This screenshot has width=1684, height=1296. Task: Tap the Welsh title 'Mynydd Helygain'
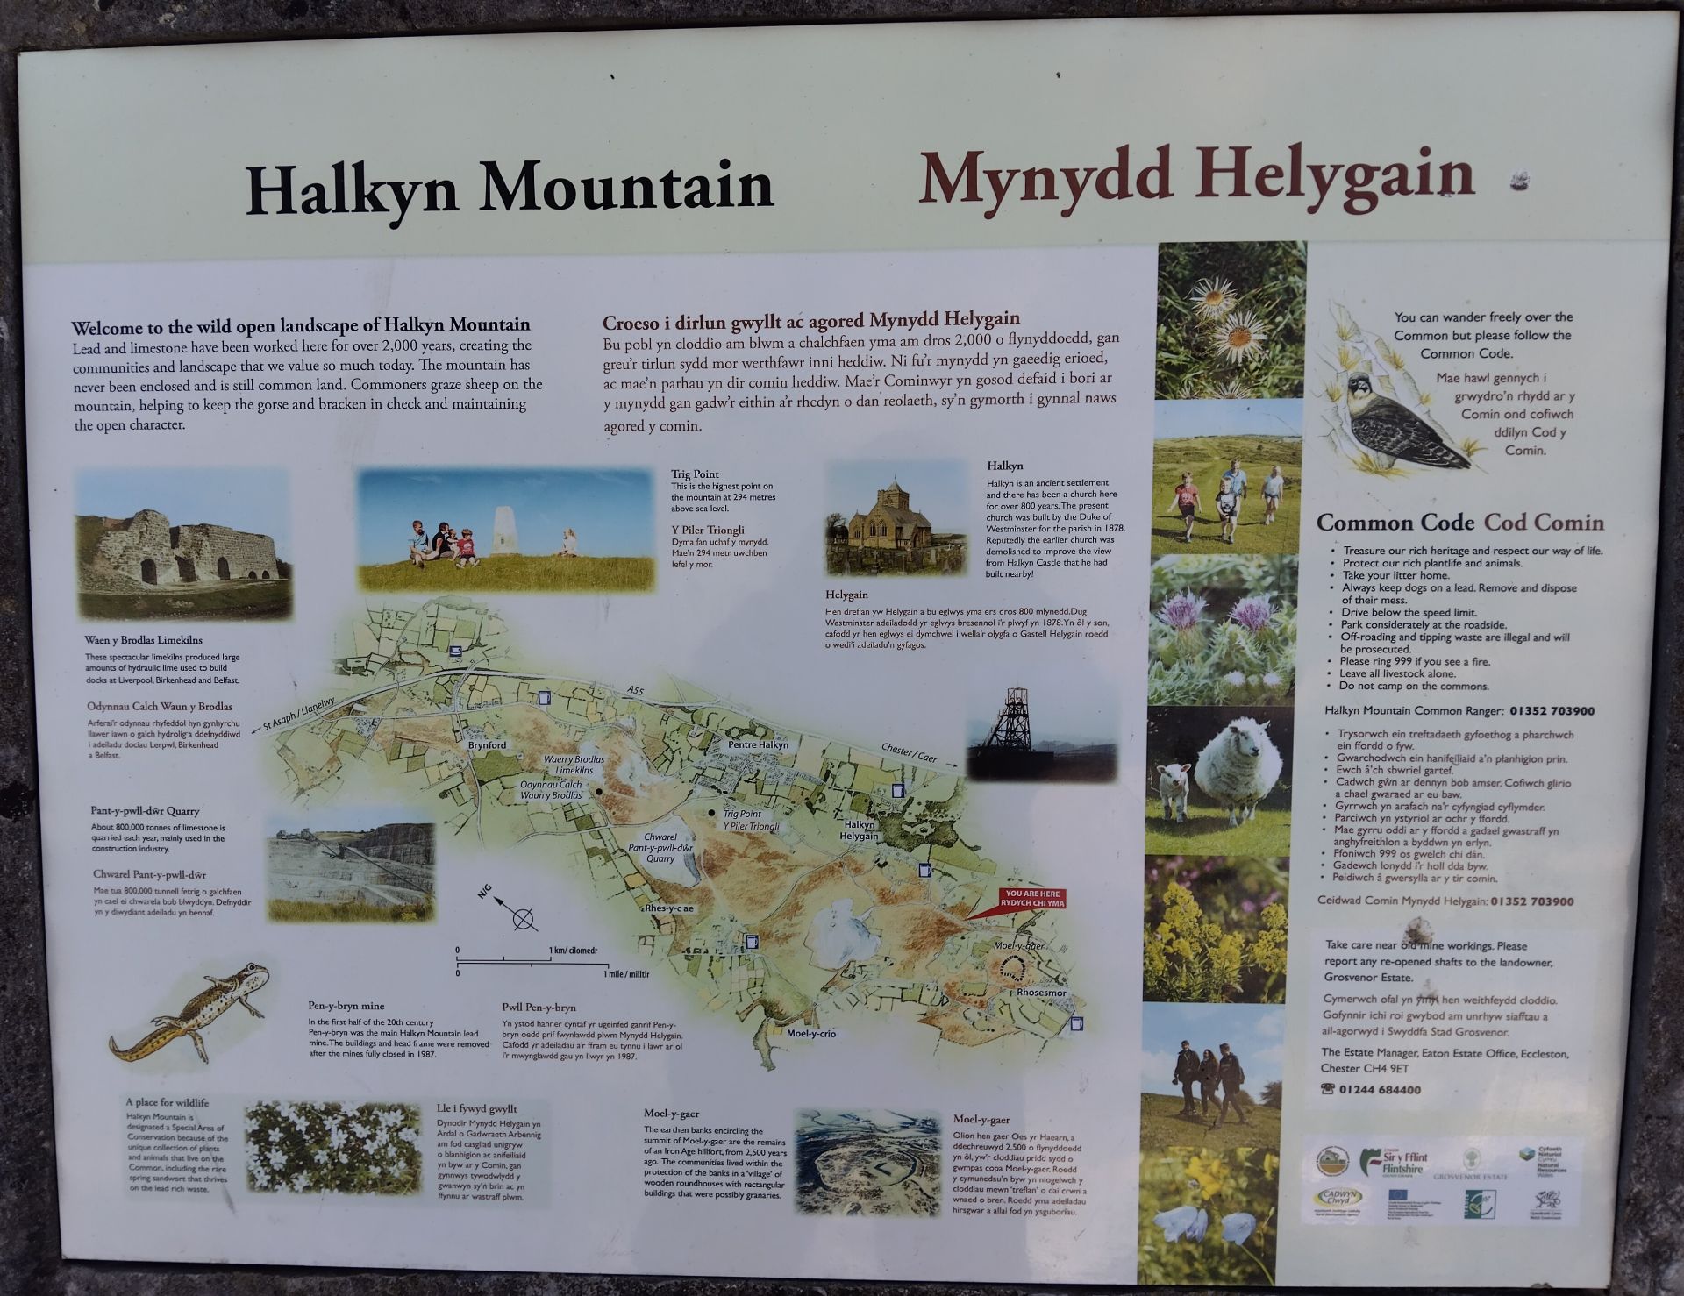pyautogui.click(x=1196, y=176)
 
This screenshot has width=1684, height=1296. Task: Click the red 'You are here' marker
pyautogui.click(x=1031, y=900)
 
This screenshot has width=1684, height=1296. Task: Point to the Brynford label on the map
pyautogui.click(x=487, y=745)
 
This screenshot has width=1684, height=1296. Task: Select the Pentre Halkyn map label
pyautogui.click(x=759, y=744)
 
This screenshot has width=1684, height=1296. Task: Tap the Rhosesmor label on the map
pyautogui.click(x=1042, y=993)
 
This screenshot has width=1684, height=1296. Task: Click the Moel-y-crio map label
pyautogui.click(x=811, y=1034)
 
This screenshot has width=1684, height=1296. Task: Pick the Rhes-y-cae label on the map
pyautogui.click(x=669, y=908)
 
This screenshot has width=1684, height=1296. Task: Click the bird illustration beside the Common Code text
pyautogui.click(x=1395, y=421)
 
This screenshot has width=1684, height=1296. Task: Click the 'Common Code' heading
pyautogui.click(x=1395, y=523)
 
